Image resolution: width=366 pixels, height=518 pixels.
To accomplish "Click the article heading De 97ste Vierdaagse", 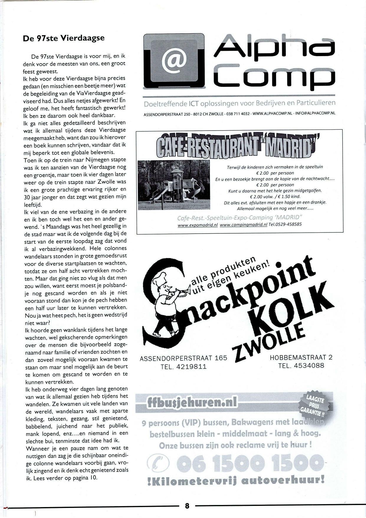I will click(63, 38).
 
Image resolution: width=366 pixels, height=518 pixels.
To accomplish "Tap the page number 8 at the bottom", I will click(187, 505).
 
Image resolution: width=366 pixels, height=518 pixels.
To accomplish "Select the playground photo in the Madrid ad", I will click(174, 185).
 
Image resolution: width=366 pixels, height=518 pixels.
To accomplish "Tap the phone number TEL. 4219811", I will click(183, 367).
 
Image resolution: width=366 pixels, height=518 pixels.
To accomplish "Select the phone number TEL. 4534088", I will click(301, 366).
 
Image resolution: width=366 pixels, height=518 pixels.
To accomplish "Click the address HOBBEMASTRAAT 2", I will click(301, 357).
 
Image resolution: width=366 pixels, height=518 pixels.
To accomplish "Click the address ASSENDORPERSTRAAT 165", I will click(183, 358).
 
